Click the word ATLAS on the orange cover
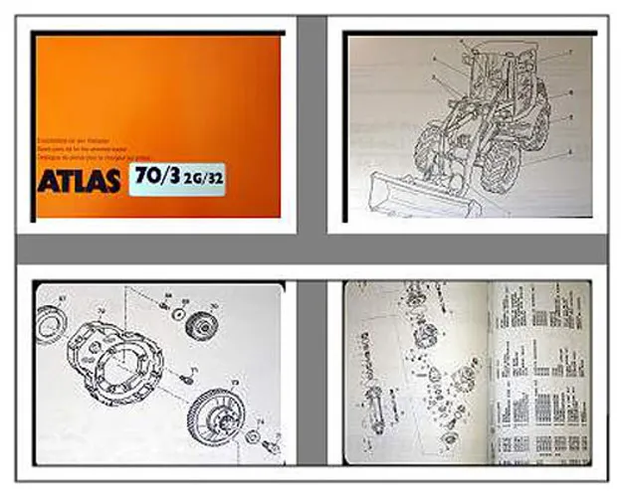click(79, 182)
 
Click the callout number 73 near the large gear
click(236, 381)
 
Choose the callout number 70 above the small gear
click(214, 305)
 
